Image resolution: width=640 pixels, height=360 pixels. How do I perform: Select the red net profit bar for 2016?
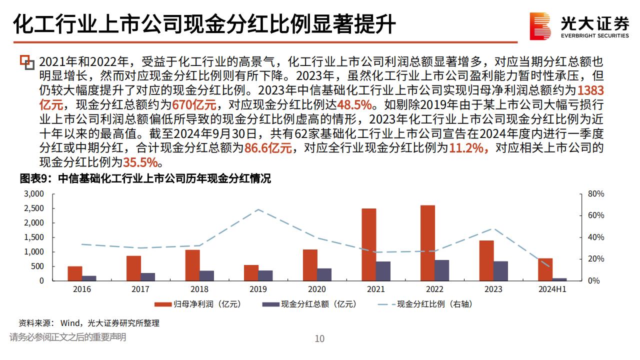75,273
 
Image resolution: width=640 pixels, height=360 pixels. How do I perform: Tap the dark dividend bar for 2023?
500,270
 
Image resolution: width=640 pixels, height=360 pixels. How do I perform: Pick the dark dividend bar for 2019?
265,275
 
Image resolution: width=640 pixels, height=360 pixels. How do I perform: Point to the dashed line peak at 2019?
258,209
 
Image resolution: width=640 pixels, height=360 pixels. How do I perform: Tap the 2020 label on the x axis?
317,289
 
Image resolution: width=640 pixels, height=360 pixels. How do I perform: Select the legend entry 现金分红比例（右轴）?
424,304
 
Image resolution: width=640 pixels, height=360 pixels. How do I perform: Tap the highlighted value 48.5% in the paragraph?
355,105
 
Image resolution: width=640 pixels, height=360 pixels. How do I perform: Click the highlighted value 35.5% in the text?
140,162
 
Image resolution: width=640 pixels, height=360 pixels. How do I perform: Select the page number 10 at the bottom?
319,338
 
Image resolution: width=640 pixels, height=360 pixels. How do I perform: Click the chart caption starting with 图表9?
145,178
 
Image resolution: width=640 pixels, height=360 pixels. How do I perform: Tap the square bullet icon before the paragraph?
27,62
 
